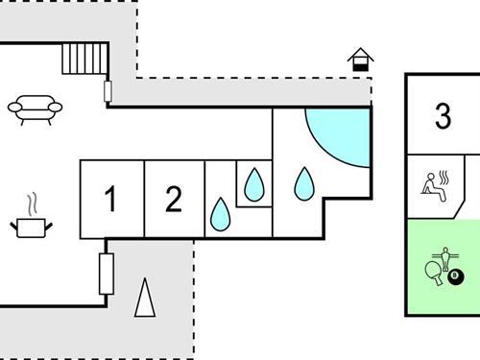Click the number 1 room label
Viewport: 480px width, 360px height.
tap(110, 201)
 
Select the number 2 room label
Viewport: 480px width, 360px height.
tap(173, 200)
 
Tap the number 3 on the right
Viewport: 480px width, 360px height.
tap(443, 116)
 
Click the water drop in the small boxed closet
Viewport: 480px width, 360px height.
tap(253, 183)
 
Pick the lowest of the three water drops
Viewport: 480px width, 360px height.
tap(220, 215)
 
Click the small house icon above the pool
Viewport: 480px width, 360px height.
tap(361, 60)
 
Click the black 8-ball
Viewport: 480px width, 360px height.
tap(455, 278)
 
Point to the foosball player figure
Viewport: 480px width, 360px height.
tap(444, 259)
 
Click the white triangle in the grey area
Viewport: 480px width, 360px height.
tap(145, 299)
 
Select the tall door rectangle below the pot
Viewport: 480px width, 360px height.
tap(107, 274)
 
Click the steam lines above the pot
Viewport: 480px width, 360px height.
tap(33, 204)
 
